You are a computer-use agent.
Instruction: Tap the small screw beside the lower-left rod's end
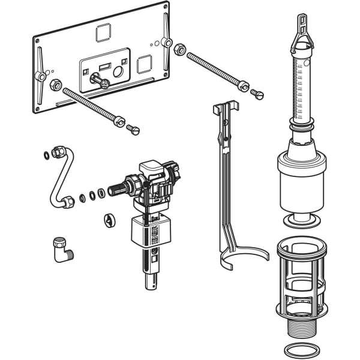pos(133,128)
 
